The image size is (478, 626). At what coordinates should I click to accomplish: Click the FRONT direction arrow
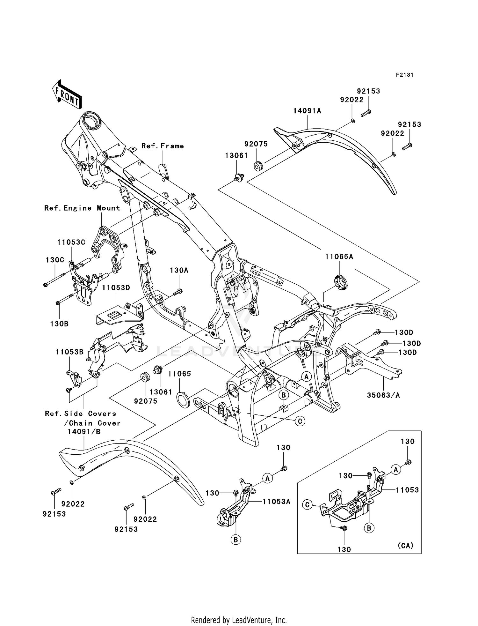click(67, 95)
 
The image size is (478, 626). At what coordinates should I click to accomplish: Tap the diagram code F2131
click(404, 75)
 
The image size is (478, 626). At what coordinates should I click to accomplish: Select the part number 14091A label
click(307, 111)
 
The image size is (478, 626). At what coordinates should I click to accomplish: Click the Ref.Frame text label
click(163, 146)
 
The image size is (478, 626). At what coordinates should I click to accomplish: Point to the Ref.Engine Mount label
click(82, 208)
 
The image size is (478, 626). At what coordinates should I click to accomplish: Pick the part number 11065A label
click(339, 257)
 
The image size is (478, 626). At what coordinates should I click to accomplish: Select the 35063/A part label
click(383, 395)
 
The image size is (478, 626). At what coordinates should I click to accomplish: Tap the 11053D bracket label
click(116, 288)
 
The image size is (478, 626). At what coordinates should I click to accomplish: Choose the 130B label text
click(59, 324)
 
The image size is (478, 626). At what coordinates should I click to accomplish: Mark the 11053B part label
click(69, 352)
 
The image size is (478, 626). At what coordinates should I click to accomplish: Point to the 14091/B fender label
click(84, 432)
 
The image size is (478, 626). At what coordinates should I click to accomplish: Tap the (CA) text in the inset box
click(405, 546)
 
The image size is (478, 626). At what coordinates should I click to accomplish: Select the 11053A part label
click(276, 502)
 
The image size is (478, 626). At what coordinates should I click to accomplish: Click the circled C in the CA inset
click(307, 505)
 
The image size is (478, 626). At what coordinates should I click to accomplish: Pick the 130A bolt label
click(179, 271)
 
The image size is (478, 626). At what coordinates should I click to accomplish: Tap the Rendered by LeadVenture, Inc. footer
click(239, 620)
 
